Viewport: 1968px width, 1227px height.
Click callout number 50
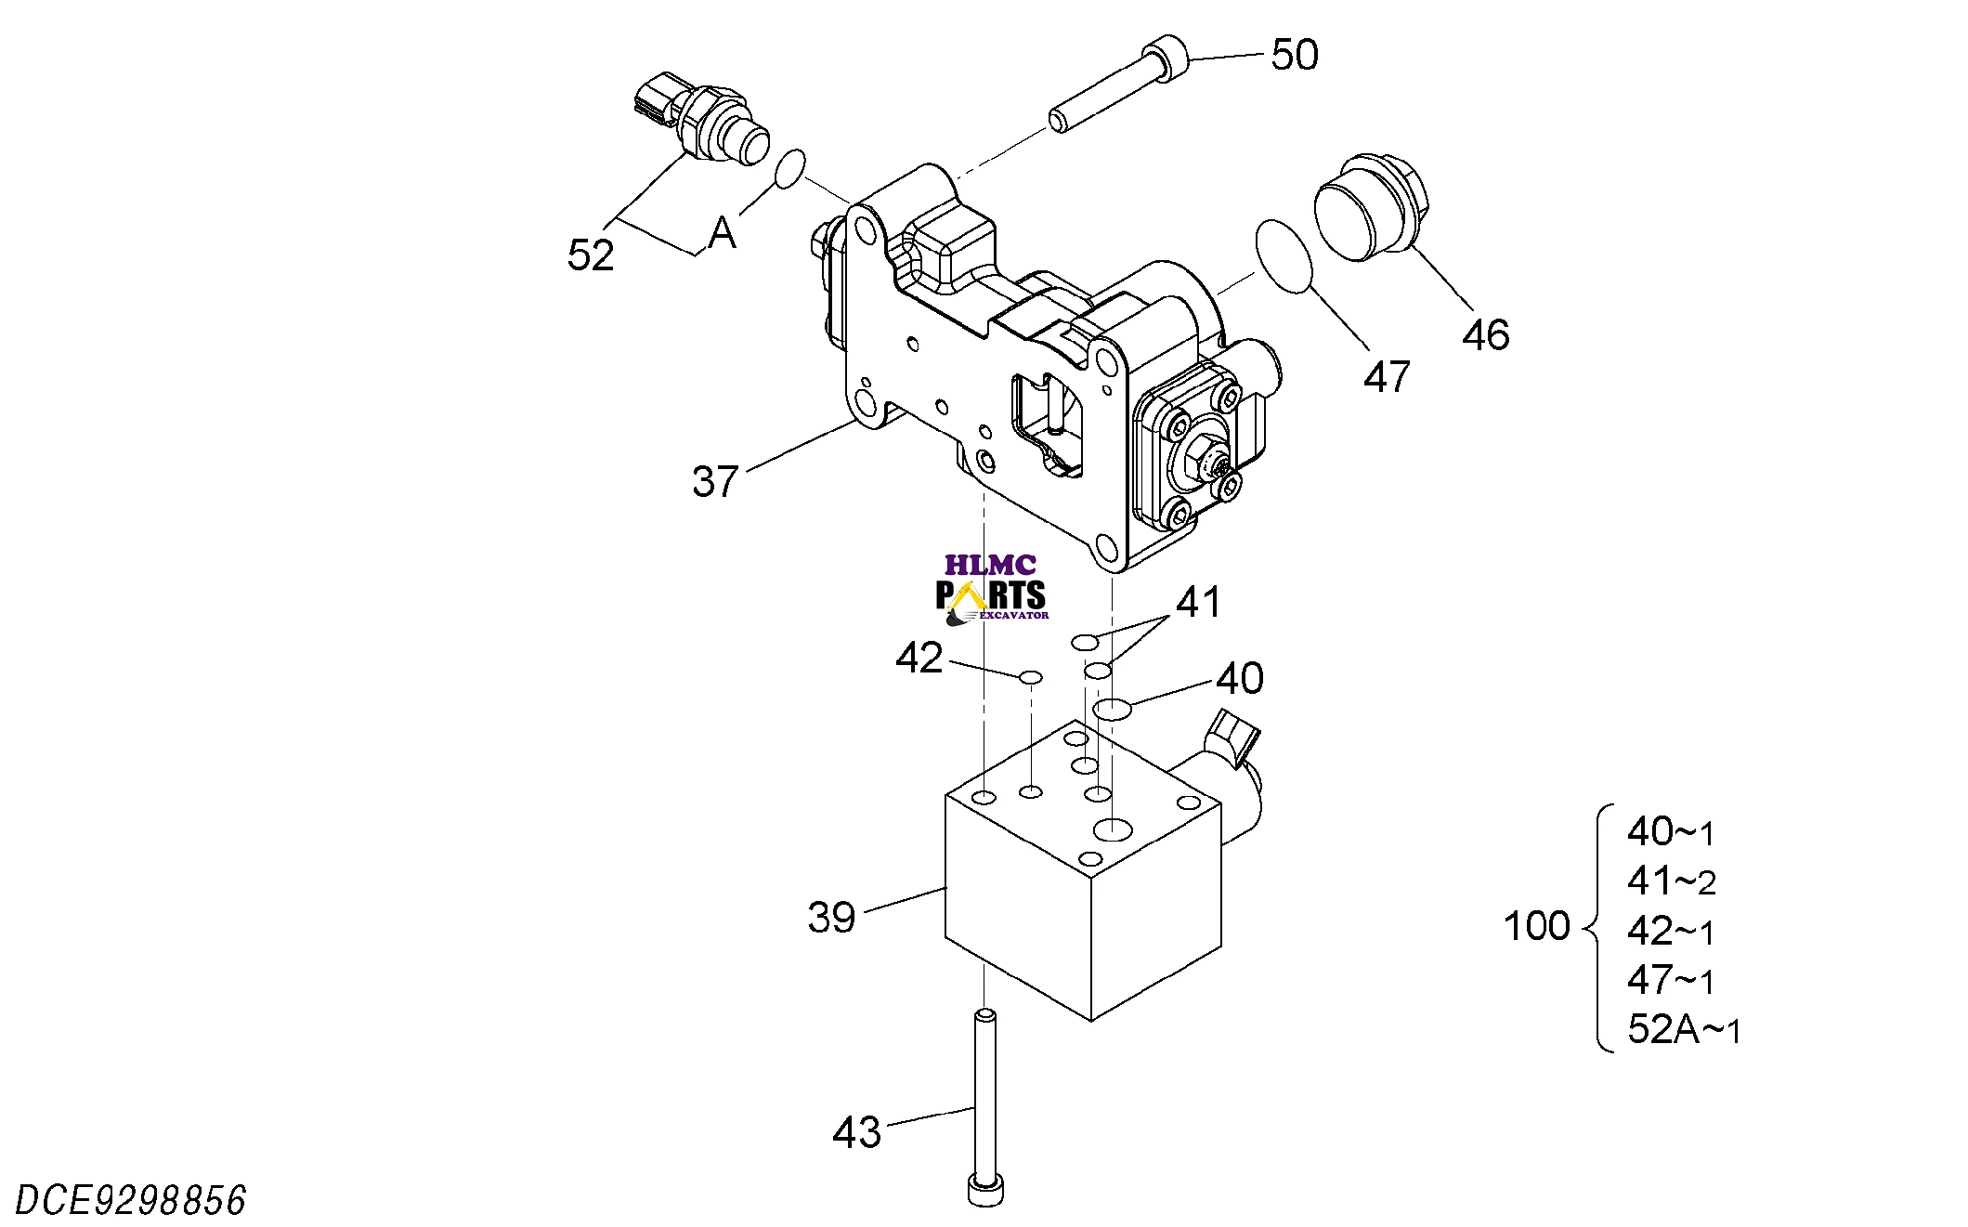tap(1294, 55)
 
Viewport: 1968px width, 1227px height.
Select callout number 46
tap(1485, 334)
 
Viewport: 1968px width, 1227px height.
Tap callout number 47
tap(1386, 377)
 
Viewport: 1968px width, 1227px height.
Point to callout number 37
tap(714, 481)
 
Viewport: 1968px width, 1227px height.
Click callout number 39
tap(830, 917)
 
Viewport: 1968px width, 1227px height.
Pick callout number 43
tap(855, 1132)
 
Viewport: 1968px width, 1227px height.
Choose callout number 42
tap(919, 658)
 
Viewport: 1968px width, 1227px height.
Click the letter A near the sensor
tap(722, 233)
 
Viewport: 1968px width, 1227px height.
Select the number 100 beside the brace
tap(1536, 926)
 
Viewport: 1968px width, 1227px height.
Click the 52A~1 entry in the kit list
tap(1683, 1029)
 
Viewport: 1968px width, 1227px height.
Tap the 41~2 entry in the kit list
tap(1670, 881)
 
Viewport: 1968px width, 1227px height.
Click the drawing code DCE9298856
tap(131, 1200)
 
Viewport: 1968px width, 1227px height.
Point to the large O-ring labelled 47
tap(1284, 255)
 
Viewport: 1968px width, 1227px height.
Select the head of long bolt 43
tap(985, 1190)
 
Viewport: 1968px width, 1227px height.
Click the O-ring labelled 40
tap(1112, 710)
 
